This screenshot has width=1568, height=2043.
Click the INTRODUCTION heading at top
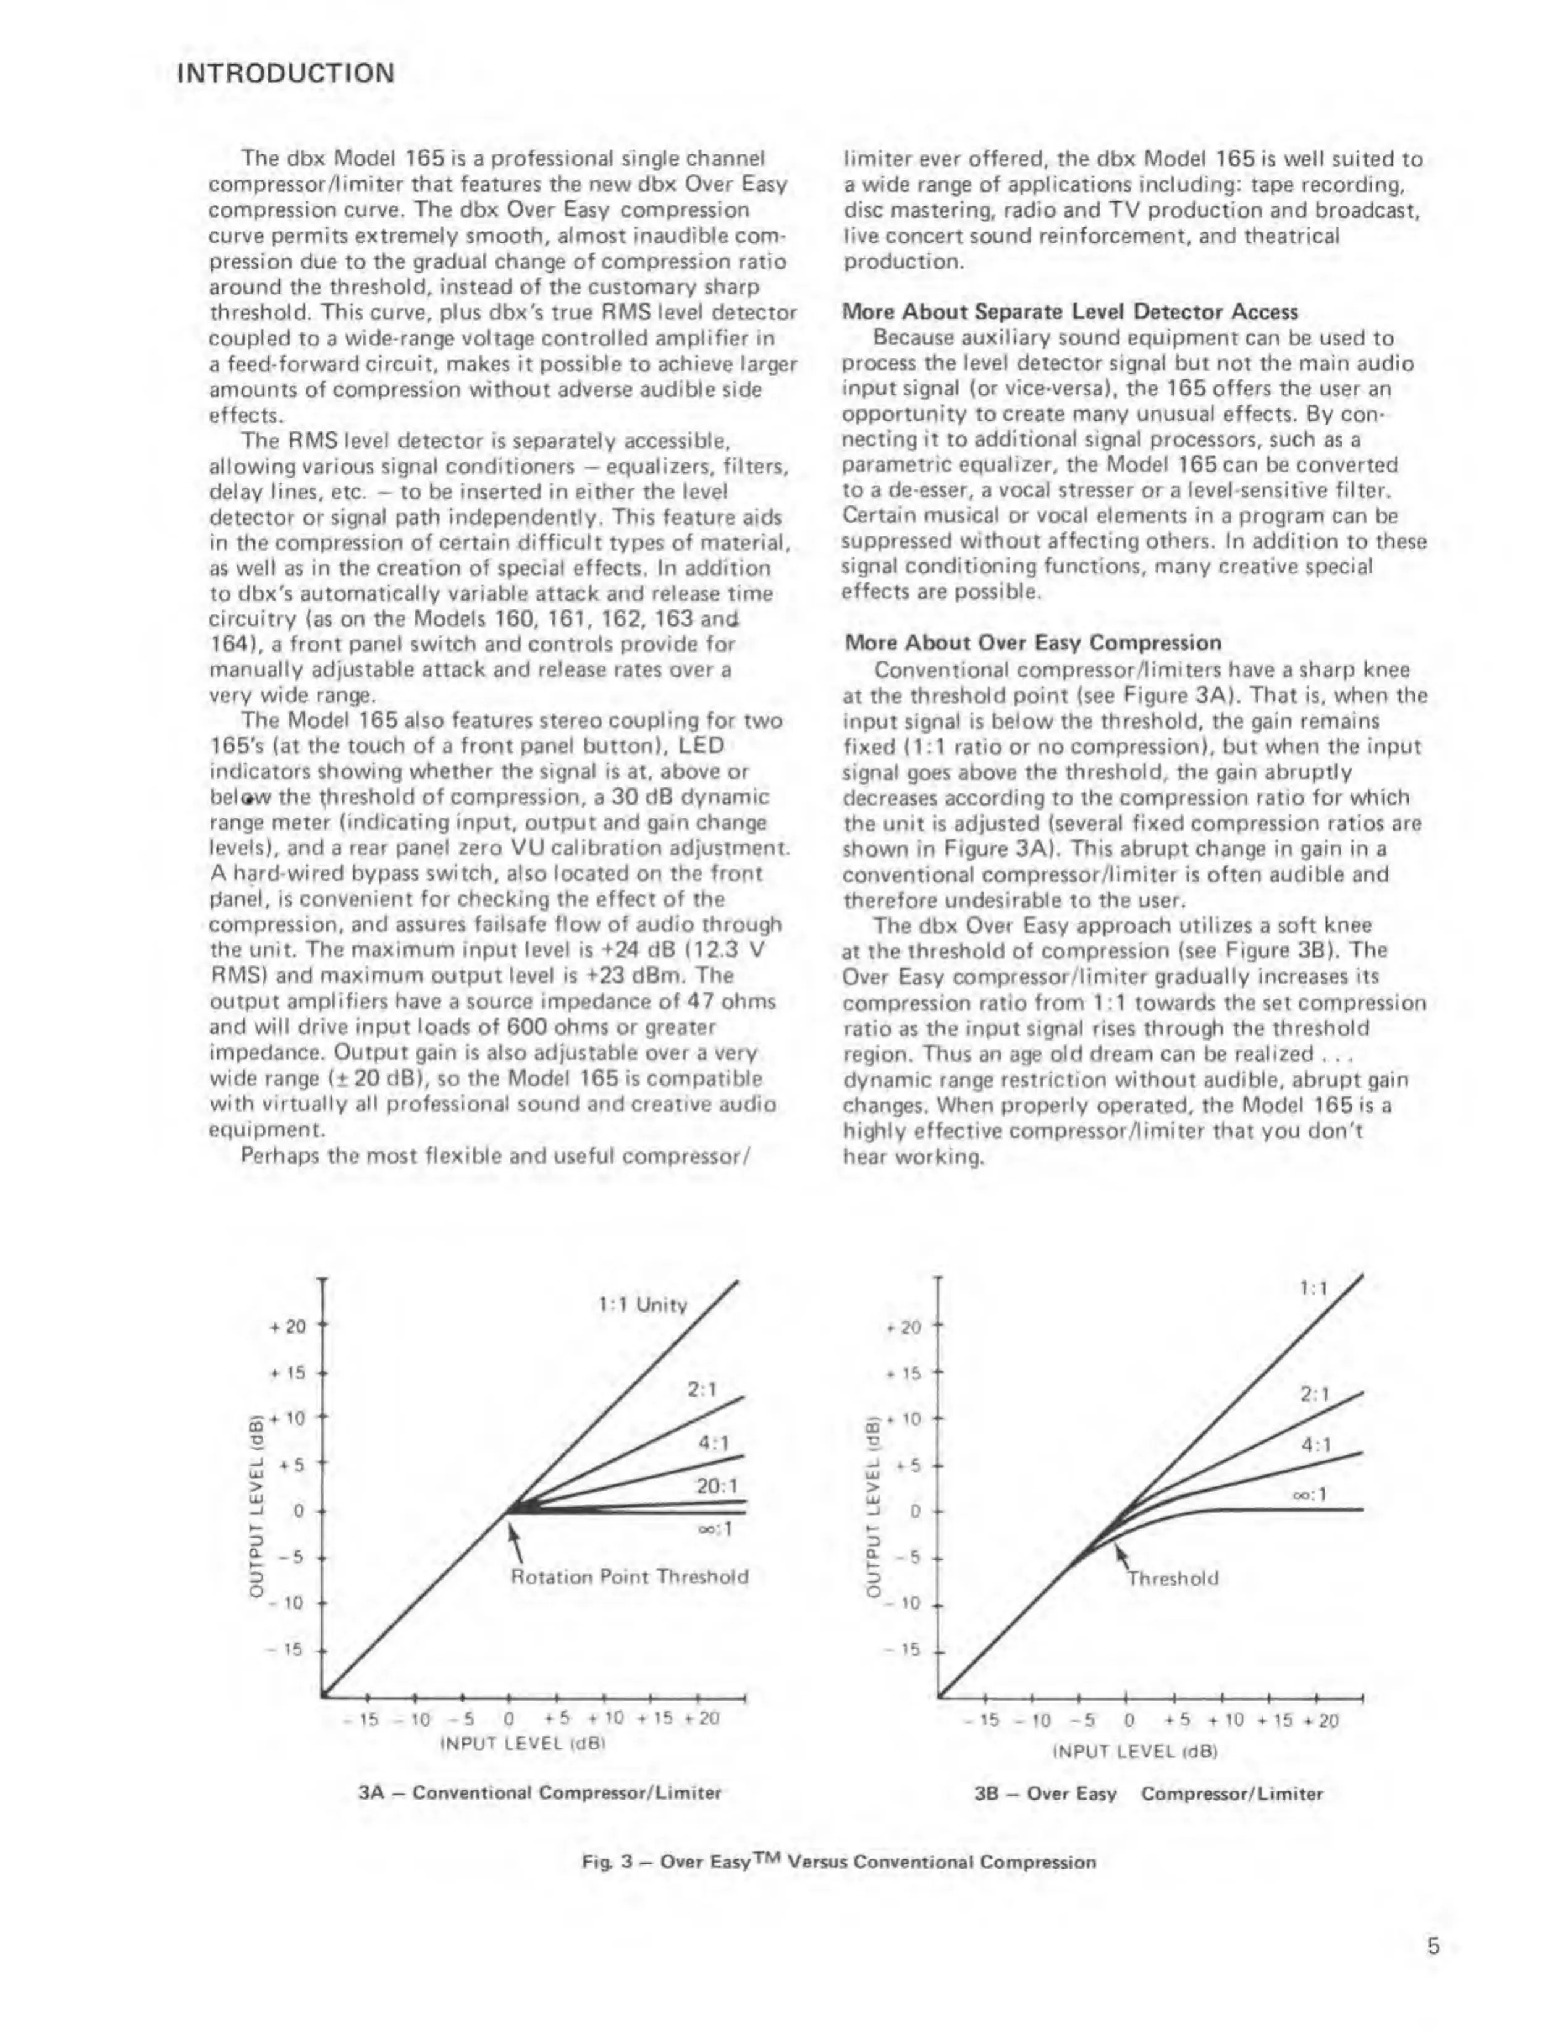point(285,73)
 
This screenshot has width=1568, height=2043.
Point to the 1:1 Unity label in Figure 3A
point(642,1305)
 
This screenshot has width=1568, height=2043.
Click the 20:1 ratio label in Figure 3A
point(717,1486)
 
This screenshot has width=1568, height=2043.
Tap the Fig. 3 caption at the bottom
point(838,1862)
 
